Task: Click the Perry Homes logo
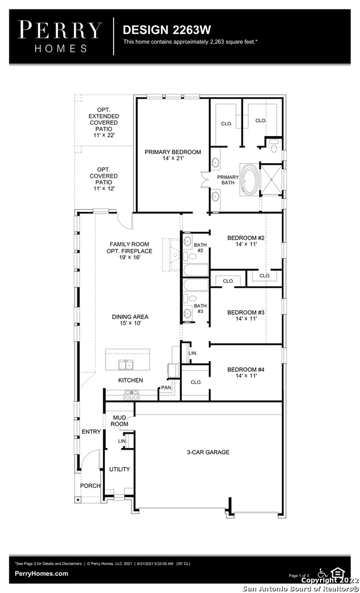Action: coord(60,36)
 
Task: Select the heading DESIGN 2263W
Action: coord(167,30)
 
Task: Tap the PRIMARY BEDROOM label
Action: coord(173,152)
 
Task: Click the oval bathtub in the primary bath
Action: coord(250,180)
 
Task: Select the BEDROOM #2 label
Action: coord(245,238)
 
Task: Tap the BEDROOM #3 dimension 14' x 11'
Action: coord(245,319)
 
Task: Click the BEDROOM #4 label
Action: coord(245,370)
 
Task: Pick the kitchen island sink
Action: coord(125,365)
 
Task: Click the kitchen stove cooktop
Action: coord(131,395)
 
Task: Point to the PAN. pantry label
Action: coord(166,388)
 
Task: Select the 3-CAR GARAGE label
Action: coord(208,452)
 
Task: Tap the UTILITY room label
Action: coord(120,469)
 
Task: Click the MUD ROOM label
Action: coord(120,421)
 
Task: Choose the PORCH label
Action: coord(91,485)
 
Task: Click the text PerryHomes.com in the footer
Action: coord(42,573)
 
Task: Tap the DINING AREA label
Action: coord(130,317)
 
